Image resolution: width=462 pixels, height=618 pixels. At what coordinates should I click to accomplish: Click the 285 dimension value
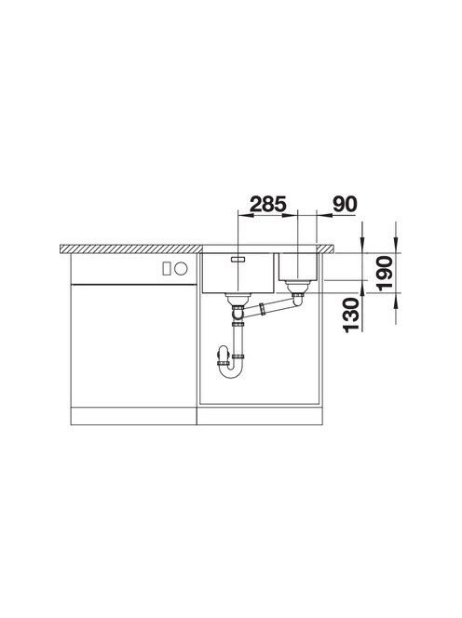point(268,204)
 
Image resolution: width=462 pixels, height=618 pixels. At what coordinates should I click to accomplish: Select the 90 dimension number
point(345,204)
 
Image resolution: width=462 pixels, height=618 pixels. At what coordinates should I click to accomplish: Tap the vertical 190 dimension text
point(385,273)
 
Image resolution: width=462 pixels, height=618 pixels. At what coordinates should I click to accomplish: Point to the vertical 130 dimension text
point(351,316)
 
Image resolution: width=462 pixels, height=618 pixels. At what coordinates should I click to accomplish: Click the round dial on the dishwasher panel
point(181,269)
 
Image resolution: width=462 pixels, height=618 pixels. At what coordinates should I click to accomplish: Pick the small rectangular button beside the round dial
point(167,269)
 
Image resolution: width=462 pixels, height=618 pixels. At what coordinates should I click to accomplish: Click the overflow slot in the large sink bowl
point(238,259)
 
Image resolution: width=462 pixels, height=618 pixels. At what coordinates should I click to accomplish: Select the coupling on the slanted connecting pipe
point(262,309)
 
